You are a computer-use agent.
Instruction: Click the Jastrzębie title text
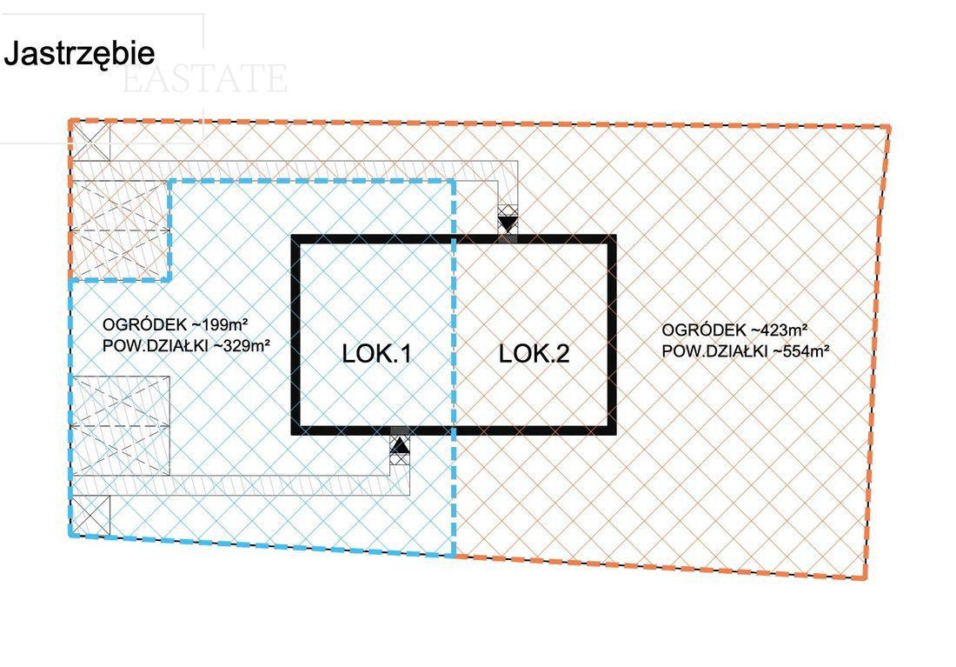tap(79, 53)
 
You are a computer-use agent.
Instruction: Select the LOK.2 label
tap(534, 354)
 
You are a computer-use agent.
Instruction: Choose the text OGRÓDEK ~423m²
tap(734, 330)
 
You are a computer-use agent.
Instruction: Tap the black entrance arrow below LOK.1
tap(399, 446)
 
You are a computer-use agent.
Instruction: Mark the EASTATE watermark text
tap(204, 79)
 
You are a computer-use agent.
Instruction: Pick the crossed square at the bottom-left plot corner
tap(90, 514)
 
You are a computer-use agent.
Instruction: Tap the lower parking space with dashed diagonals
tap(120, 425)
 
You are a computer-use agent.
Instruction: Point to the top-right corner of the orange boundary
tap(889, 128)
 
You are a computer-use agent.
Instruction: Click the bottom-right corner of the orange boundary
tap(866, 578)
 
